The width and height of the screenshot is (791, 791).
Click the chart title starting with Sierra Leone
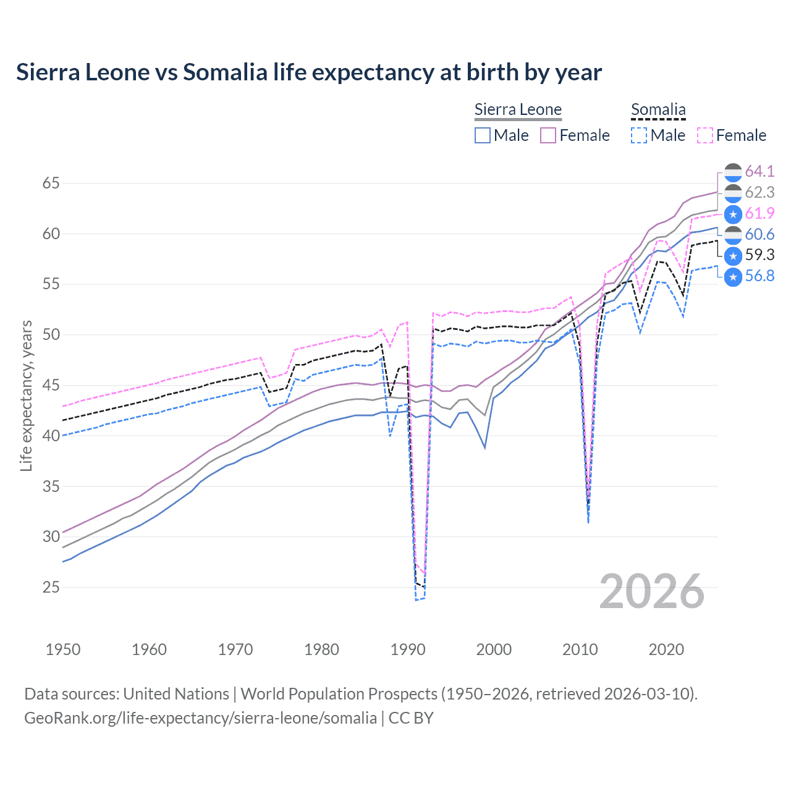[x=308, y=72]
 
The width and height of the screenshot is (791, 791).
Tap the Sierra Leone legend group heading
[x=518, y=110]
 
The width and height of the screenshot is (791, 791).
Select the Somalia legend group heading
[x=658, y=110]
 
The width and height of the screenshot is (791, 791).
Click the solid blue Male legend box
[x=483, y=135]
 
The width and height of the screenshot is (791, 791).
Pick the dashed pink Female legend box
[x=705, y=135]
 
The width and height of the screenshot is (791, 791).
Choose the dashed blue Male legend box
[x=639, y=135]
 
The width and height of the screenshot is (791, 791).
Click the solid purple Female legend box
[x=548, y=135]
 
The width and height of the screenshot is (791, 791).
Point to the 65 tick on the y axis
[x=51, y=184]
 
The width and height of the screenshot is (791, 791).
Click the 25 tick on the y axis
[x=51, y=587]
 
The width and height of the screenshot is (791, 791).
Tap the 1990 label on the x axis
[x=408, y=649]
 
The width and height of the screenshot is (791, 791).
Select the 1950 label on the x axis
[x=63, y=649]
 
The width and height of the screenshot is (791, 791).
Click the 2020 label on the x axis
[x=666, y=649]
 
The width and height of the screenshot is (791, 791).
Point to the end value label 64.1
[x=759, y=171]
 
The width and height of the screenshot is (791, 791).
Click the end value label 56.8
[x=759, y=276]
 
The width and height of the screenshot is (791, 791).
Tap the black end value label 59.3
[x=759, y=255]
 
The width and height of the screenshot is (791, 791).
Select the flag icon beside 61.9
[x=733, y=214]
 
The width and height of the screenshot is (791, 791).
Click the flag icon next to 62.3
[x=733, y=193]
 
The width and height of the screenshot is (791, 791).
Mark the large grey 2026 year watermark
[x=651, y=591]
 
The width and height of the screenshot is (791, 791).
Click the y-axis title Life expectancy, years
[x=27, y=395]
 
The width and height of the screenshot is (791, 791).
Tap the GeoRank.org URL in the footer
[x=200, y=718]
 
